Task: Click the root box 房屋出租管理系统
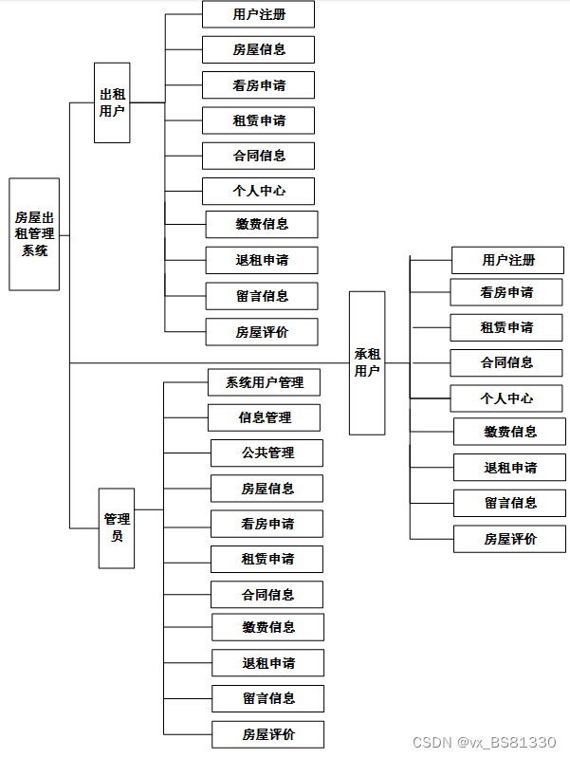34,233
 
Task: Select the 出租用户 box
112,102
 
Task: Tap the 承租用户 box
367,362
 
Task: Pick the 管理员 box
117,527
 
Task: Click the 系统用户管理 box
265,382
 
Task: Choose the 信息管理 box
265,417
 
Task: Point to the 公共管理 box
267,453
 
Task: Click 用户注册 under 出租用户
258,14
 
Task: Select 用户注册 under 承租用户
507,260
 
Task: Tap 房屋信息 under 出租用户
258,49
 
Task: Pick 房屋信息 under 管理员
267,489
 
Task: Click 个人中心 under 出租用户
258,191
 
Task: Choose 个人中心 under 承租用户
506,398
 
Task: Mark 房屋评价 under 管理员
267,734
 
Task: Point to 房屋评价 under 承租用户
509,539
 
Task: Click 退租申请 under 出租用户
262,260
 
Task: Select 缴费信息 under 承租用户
509,432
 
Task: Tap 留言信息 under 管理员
267,698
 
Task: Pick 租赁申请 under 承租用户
506,327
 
